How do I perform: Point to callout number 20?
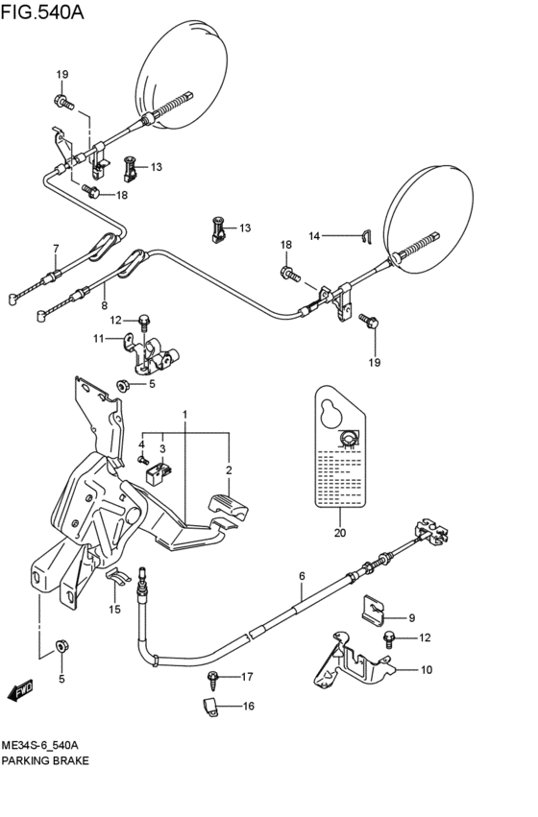click(x=339, y=533)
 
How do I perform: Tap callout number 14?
click(x=313, y=235)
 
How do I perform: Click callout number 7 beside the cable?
click(x=56, y=248)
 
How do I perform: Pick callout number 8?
click(x=104, y=305)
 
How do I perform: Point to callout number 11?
click(x=98, y=338)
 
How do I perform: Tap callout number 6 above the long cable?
click(x=301, y=576)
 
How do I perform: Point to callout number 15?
click(x=114, y=610)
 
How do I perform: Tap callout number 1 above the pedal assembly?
click(x=185, y=414)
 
